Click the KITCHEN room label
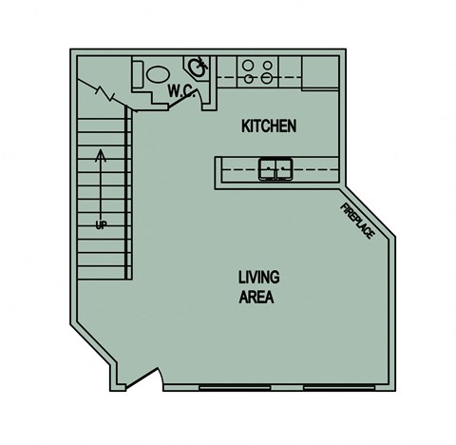(x=270, y=126)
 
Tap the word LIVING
(x=258, y=278)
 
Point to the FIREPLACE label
(x=357, y=219)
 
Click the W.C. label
(x=181, y=91)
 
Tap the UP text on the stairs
(x=100, y=224)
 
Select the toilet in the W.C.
(x=153, y=72)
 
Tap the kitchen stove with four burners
(x=257, y=71)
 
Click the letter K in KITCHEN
(x=246, y=126)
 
